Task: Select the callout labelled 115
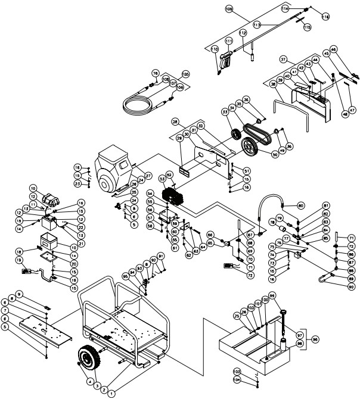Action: tap(307, 27)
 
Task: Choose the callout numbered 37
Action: tap(284, 60)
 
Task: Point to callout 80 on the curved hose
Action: tap(301, 206)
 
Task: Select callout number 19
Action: tap(20, 261)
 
